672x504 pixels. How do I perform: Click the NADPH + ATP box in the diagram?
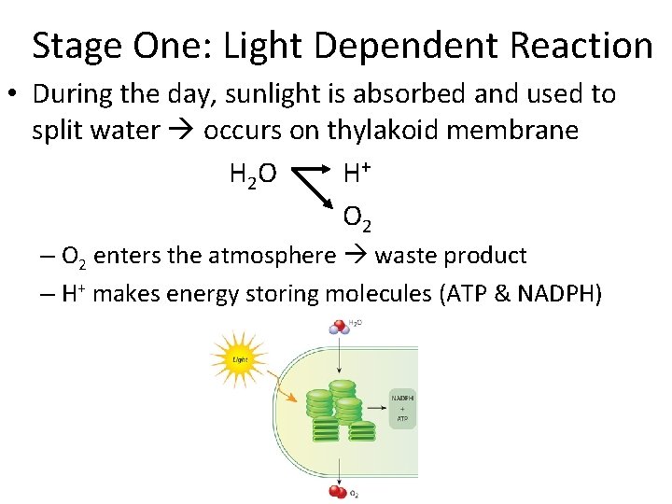tap(403, 408)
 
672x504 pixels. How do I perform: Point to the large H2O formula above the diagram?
tap(252, 173)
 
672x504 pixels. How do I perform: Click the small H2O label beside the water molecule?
tap(355, 323)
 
